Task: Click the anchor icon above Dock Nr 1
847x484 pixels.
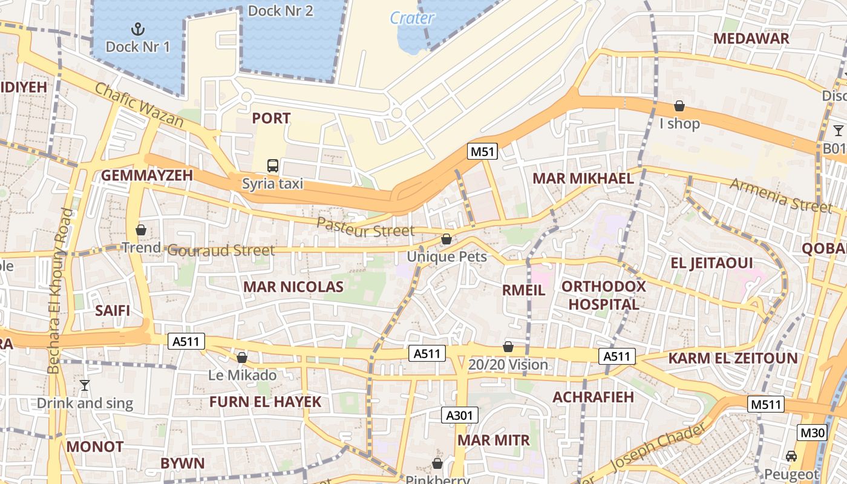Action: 138,28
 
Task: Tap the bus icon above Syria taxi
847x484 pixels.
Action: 273,165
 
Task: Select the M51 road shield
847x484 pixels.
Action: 482,151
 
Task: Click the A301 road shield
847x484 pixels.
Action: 460,415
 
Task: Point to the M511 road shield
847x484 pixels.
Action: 765,404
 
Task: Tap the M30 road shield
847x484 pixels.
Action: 812,433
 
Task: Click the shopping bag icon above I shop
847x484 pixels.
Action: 679,106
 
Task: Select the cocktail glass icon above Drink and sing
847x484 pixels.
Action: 85,385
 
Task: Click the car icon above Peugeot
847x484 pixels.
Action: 791,456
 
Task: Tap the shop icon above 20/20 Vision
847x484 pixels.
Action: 508,347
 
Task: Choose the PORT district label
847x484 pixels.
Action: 271,119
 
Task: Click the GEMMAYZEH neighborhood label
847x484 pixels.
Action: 146,175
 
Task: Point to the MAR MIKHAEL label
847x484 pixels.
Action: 583,178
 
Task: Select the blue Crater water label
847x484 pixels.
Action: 412,18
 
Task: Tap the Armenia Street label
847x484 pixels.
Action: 780,195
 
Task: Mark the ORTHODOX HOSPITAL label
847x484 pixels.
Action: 604,295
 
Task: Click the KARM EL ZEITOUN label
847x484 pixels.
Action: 733,358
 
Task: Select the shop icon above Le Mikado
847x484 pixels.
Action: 242,358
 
